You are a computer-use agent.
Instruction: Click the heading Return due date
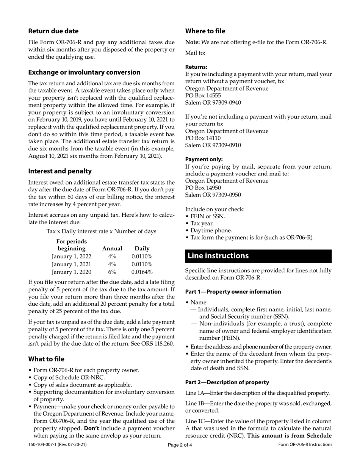coord(53,31)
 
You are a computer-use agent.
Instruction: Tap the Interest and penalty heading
coord(60,171)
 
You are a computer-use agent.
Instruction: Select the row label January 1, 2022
coord(71,256)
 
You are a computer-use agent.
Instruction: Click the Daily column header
coord(142,249)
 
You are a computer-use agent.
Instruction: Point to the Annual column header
coord(112,249)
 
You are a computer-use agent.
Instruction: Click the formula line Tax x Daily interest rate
coord(101,231)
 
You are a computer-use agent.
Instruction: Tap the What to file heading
coord(46,359)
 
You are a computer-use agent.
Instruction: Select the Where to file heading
coord(205,31)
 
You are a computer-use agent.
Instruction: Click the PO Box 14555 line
coord(203,95)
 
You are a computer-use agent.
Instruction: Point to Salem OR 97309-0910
coord(213,145)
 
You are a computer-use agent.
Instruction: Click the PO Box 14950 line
coord(203,188)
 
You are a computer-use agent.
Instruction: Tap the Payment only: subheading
coord(204,160)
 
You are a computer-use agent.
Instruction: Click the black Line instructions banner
coord(258,256)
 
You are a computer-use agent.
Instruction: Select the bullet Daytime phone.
coord(211,230)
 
